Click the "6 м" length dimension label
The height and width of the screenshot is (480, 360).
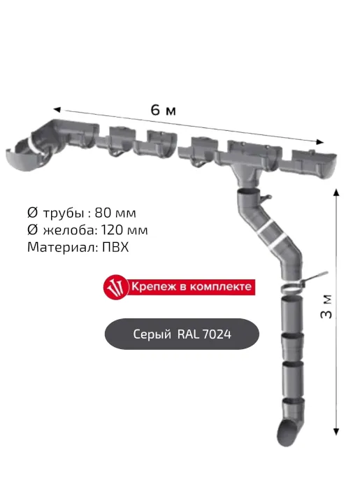[x=164, y=110]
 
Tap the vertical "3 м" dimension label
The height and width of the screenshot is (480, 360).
[x=326, y=306]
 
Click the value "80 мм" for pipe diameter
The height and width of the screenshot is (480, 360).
[x=115, y=213]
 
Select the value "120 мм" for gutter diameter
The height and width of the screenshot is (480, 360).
[x=124, y=230]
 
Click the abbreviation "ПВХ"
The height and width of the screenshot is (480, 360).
[x=115, y=247]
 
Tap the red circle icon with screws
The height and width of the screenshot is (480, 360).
[x=116, y=287]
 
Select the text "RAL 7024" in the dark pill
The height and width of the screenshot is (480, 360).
[x=204, y=334]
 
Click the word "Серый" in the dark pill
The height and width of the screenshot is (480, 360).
[x=152, y=334]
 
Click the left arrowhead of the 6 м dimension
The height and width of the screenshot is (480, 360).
[x=57, y=109]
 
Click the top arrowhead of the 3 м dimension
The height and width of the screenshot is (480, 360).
[x=336, y=192]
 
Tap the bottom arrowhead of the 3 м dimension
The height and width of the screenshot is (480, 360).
[x=336, y=432]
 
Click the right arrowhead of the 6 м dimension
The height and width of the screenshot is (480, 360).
[x=320, y=142]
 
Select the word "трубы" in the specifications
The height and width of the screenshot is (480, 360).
[x=64, y=213]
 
